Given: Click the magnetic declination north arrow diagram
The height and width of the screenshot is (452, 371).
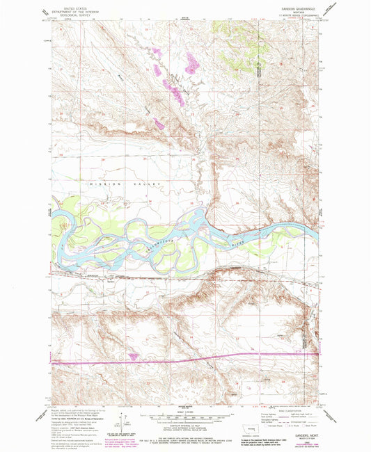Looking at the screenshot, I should [x=127, y=426].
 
